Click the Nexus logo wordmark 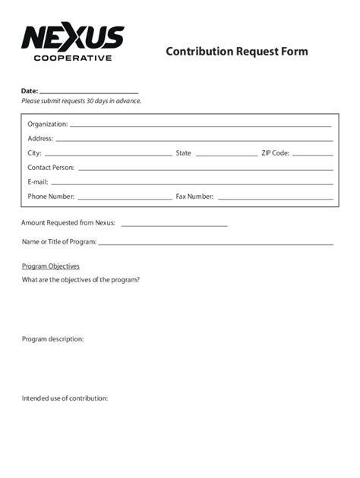point(73,37)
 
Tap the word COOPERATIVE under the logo point(73,58)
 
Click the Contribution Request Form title point(237,52)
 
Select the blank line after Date point(89,92)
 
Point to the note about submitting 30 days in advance point(81,101)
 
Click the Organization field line point(201,125)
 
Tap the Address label point(40,139)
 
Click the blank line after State point(226,155)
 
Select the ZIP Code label point(275,153)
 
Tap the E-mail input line point(191,184)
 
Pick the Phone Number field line point(125,199)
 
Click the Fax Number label point(194,197)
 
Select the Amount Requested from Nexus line point(174,225)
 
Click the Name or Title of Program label point(59,242)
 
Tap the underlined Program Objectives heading point(51,266)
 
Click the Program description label point(53,339)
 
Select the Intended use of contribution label point(65,398)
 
